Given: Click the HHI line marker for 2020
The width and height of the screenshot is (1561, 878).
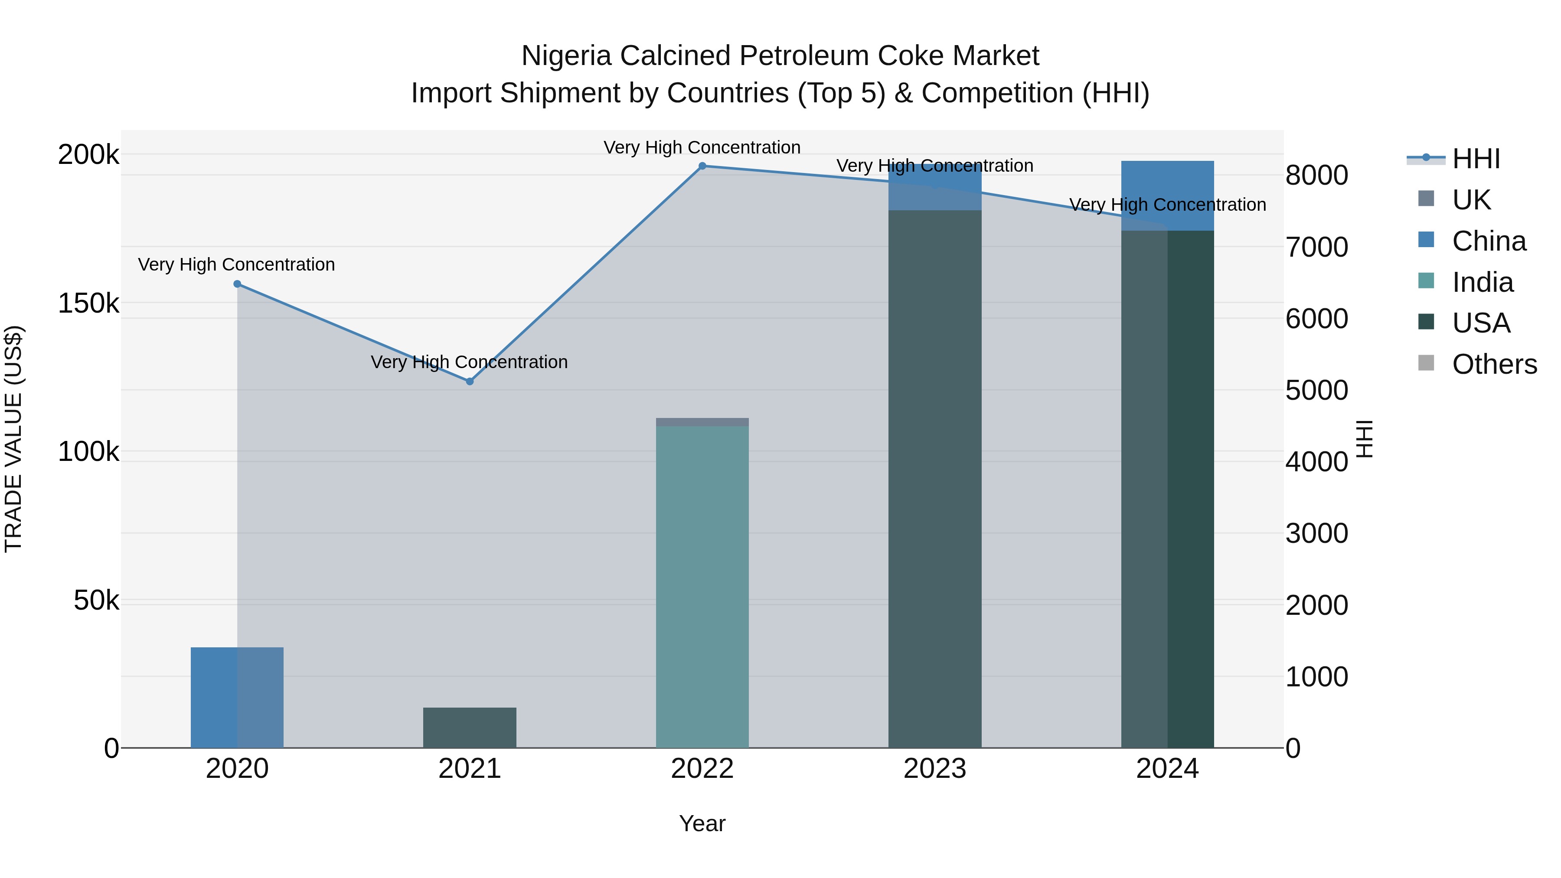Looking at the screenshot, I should [237, 284].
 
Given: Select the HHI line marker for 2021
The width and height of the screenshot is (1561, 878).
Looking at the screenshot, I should [470, 381].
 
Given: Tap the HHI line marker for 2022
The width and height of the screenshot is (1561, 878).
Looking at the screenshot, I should [702, 166].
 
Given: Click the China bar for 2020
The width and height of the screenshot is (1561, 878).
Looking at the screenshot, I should [237, 697].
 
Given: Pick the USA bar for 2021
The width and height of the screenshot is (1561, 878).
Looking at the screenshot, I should [470, 727].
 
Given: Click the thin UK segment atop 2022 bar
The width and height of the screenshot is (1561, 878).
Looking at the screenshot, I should [702, 422].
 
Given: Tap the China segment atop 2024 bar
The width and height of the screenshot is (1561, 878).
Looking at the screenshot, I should [1168, 195].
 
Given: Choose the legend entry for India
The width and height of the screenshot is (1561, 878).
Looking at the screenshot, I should [1482, 282].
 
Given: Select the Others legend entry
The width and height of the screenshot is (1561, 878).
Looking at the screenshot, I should [1494, 364].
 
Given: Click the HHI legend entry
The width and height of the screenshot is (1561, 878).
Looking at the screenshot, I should [1476, 159].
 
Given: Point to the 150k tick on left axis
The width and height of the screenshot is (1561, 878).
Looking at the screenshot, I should [88, 303].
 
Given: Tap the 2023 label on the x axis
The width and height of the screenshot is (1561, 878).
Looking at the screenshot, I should [935, 769].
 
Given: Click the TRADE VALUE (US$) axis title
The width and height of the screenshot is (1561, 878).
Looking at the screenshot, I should [13, 439].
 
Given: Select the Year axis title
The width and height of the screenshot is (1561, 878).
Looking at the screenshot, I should [702, 823].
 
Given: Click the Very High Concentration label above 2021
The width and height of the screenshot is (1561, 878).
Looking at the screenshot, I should [470, 362].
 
